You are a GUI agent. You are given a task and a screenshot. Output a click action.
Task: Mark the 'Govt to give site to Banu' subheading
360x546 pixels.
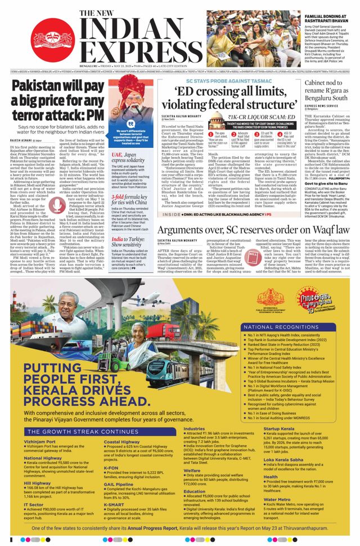(323, 184)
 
